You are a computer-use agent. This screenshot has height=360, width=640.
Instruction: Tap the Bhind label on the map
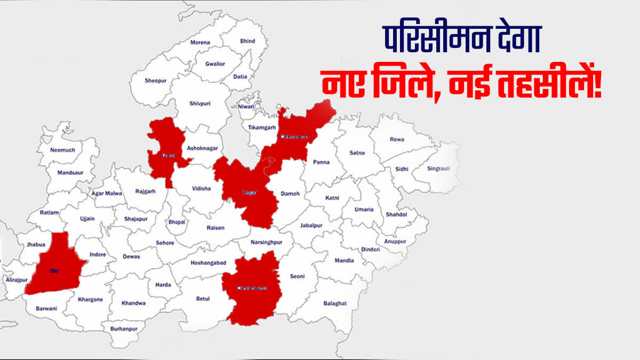click(x=247, y=41)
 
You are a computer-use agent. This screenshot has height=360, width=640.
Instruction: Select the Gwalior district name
click(x=215, y=64)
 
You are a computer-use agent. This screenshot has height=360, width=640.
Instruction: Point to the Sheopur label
click(x=155, y=81)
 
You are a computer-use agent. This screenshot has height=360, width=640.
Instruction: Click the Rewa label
click(x=397, y=140)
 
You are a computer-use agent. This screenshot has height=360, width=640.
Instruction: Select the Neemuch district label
click(x=62, y=150)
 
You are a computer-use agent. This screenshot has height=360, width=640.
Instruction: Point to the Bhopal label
click(x=177, y=222)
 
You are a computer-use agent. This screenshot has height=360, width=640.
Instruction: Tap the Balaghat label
click(x=335, y=303)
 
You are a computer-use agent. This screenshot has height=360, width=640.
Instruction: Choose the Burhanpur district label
click(x=124, y=329)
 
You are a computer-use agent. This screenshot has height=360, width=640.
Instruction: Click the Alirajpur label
click(x=17, y=279)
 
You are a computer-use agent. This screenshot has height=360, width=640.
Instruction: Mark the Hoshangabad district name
click(x=208, y=263)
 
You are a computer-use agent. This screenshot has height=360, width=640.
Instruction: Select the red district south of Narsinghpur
click(x=252, y=288)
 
